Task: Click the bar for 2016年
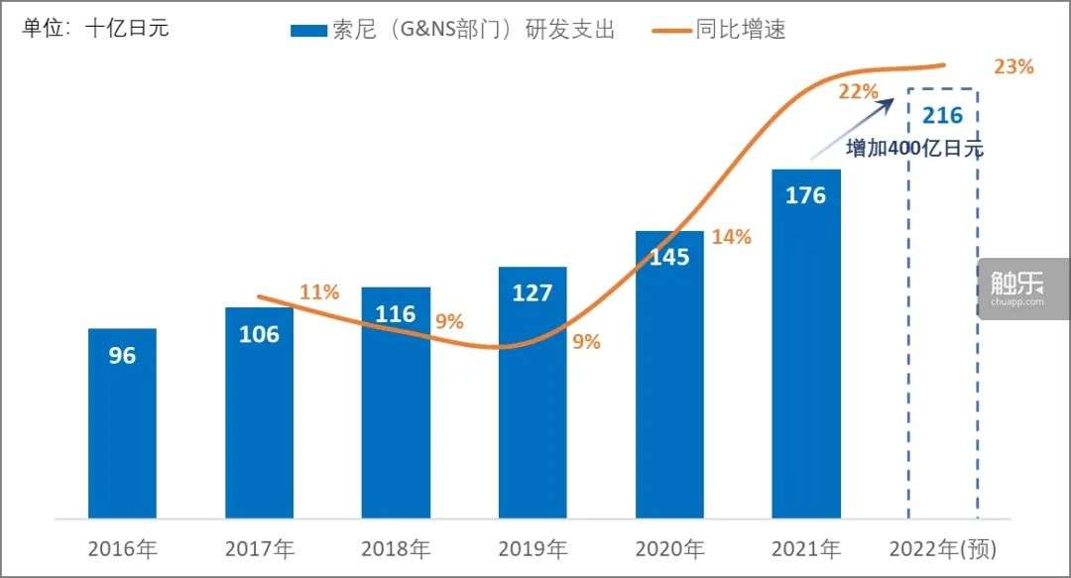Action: pos(122,423)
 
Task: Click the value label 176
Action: pos(805,195)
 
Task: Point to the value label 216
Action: pos(942,115)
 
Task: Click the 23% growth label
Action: pos(1013,67)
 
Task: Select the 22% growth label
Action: pos(858,92)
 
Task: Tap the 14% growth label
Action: pos(731,237)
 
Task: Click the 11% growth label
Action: pos(319,291)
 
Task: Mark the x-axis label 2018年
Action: pos(396,548)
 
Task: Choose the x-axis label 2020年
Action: pos(669,548)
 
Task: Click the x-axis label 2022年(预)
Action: pos(943,548)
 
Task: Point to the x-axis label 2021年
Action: pos(805,548)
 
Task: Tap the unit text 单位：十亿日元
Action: pos(95,28)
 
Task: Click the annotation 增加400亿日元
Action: pos(914,149)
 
